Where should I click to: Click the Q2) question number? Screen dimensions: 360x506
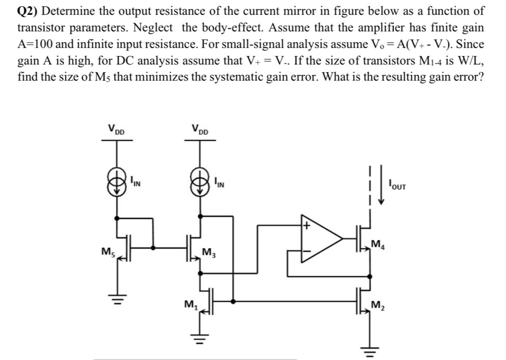[28, 11]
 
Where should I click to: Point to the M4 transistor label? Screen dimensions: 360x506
[378, 244]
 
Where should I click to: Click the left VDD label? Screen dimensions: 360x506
[116, 131]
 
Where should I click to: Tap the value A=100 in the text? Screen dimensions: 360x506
[38, 44]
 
